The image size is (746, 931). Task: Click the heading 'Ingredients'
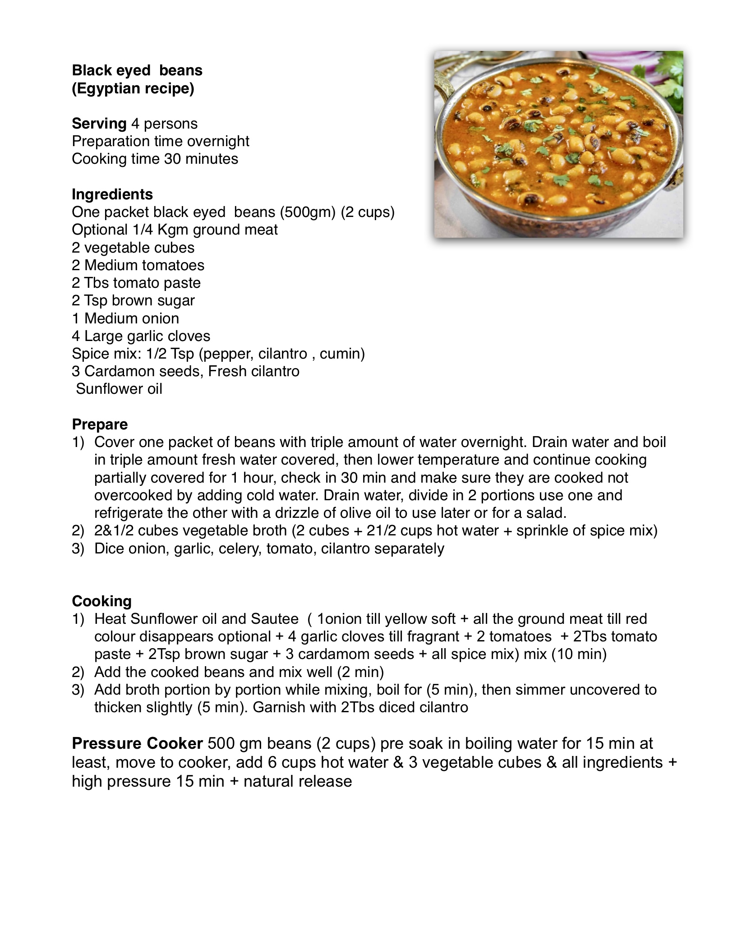coord(112,194)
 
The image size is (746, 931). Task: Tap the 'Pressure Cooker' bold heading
coord(137,743)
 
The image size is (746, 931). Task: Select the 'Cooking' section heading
coord(101,601)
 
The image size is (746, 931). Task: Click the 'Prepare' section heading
coord(100,424)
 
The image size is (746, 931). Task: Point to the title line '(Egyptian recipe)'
coord(133,88)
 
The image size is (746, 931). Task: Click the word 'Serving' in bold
coord(99,124)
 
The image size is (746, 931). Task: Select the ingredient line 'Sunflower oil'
coord(119,389)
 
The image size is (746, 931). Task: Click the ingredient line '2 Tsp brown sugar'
coord(133,300)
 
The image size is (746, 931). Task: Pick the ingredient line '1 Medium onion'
coord(125,318)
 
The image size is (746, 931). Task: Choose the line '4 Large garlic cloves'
coord(141,336)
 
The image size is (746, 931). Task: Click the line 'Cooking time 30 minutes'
coord(155,159)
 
